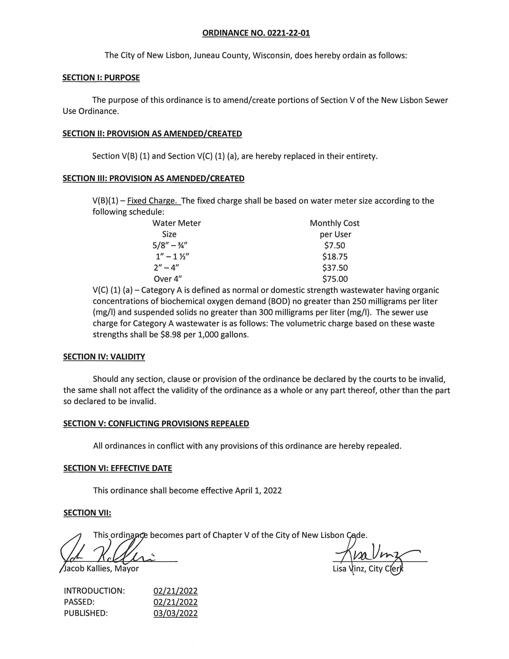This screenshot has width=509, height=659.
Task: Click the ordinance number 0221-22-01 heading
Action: click(x=256, y=33)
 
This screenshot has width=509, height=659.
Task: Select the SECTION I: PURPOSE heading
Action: click(x=101, y=77)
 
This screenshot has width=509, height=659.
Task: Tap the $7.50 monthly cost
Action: click(x=334, y=245)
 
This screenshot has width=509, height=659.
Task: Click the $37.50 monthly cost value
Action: click(x=335, y=268)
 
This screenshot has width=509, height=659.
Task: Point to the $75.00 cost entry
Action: click(x=335, y=279)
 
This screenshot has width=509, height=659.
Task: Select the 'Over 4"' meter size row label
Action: click(x=168, y=279)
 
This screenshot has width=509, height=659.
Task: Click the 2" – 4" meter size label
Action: click(x=166, y=268)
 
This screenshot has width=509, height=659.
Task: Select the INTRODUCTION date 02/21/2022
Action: click(x=175, y=591)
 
